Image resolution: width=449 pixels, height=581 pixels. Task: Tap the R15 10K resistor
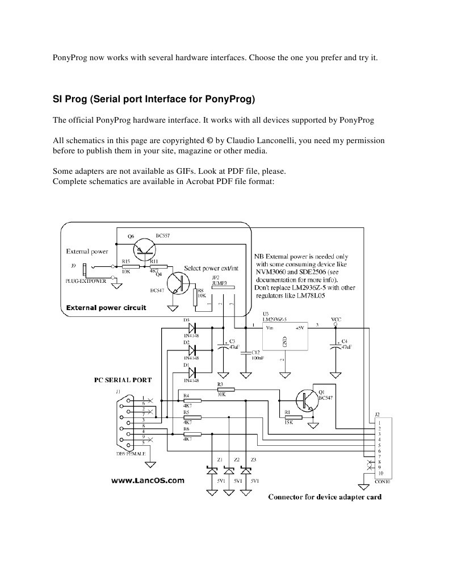click(130, 266)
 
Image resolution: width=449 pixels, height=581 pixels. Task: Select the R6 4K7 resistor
click(187, 434)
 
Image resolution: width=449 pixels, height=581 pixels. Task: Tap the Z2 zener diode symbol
click(229, 470)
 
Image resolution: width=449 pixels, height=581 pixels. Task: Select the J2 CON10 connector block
click(384, 448)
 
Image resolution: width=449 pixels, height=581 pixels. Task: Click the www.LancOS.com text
click(146, 480)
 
